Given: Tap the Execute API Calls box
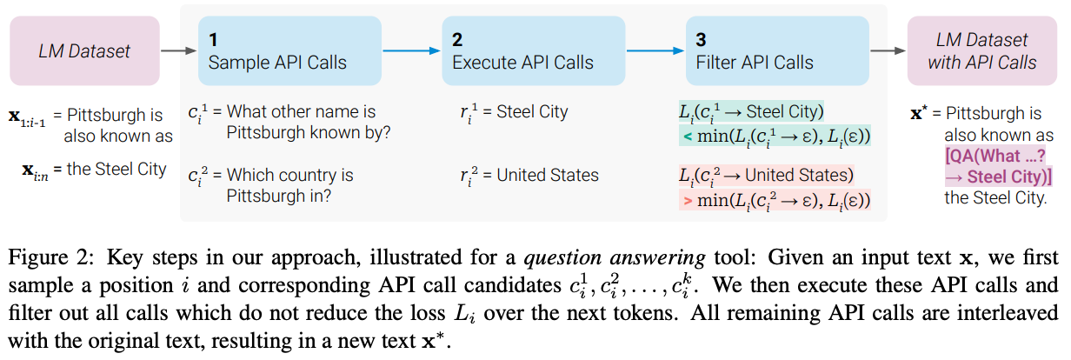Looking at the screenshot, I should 534,51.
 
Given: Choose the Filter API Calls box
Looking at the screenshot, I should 777,51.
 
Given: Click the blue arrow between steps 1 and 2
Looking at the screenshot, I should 411,51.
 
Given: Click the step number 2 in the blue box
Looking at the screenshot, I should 457,39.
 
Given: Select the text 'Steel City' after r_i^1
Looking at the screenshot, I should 532,112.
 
